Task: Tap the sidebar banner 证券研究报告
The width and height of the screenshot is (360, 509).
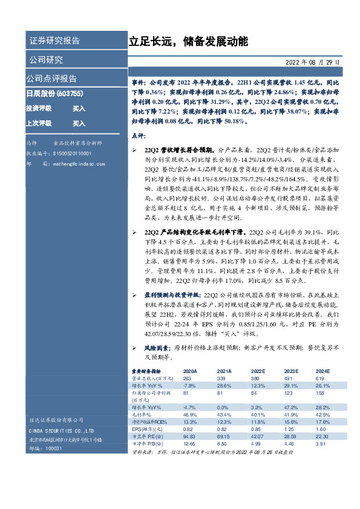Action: click(x=54, y=41)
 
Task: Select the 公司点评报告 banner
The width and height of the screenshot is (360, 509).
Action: click(x=51, y=79)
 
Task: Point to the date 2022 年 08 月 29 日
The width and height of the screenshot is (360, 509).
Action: click(x=312, y=62)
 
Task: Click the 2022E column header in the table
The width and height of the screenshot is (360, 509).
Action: click(x=258, y=371)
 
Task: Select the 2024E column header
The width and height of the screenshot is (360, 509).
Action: click(x=322, y=371)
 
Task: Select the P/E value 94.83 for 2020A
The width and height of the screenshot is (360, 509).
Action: click(x=190, y=435)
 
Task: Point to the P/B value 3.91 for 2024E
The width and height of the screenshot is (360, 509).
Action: click(x=321, y=443)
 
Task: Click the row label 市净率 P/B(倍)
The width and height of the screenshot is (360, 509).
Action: click(x=149, y=443)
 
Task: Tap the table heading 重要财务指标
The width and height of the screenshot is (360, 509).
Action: click(x=147, y=371)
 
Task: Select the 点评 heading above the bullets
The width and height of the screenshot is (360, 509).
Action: click(x=138, y=137)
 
